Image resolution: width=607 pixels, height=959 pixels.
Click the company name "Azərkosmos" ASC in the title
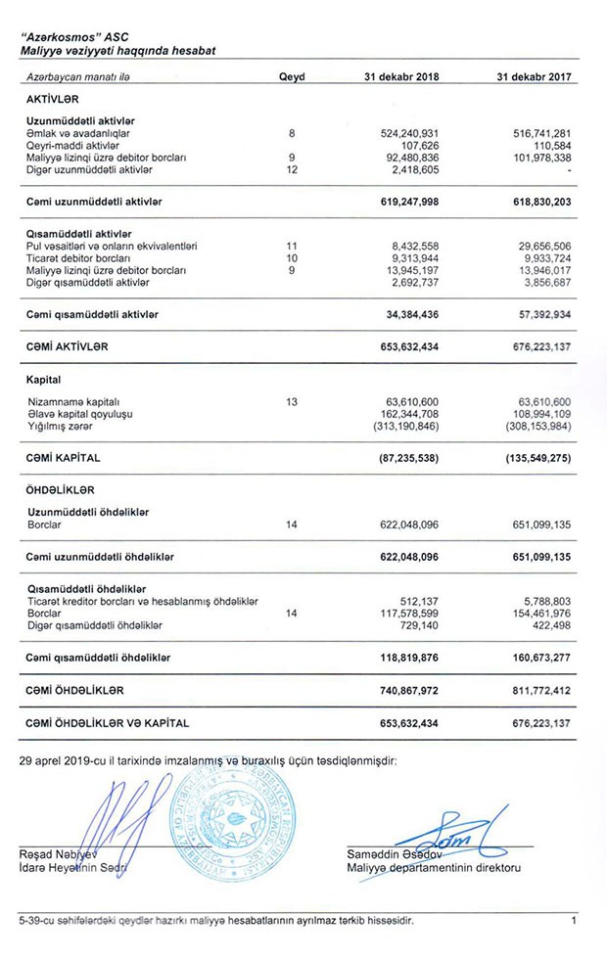pos(67,34)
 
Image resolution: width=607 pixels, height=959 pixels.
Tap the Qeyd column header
pos(292,75)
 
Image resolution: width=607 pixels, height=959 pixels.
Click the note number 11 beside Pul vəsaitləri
pos(291,245)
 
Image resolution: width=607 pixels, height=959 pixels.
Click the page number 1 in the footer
pos(574,920)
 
